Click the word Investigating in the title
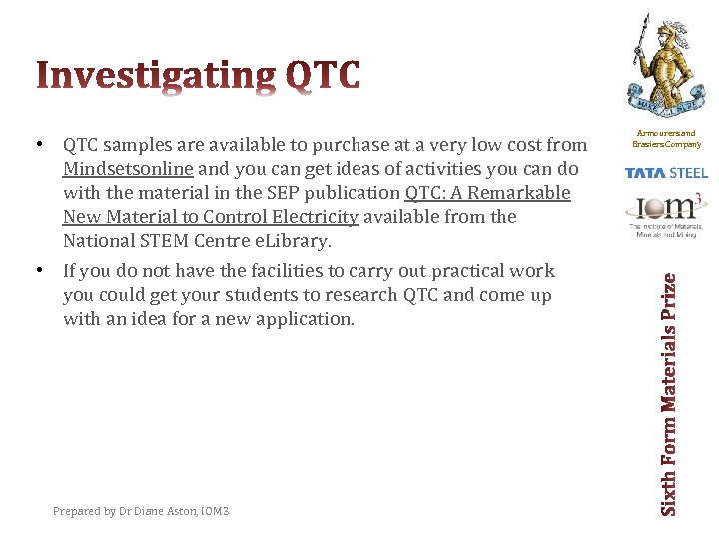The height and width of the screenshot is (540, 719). tap(156, 76)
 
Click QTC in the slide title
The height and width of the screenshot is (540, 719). tap(323, 76)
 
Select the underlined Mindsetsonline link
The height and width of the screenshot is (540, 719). tap(128, 169)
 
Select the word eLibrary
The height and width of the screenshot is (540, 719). tap(292, 241)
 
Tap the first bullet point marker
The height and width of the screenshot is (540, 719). tap(38, 145)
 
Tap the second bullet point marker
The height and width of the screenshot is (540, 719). tap(38, 270)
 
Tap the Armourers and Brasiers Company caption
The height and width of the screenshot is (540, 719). tap(665, 138)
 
